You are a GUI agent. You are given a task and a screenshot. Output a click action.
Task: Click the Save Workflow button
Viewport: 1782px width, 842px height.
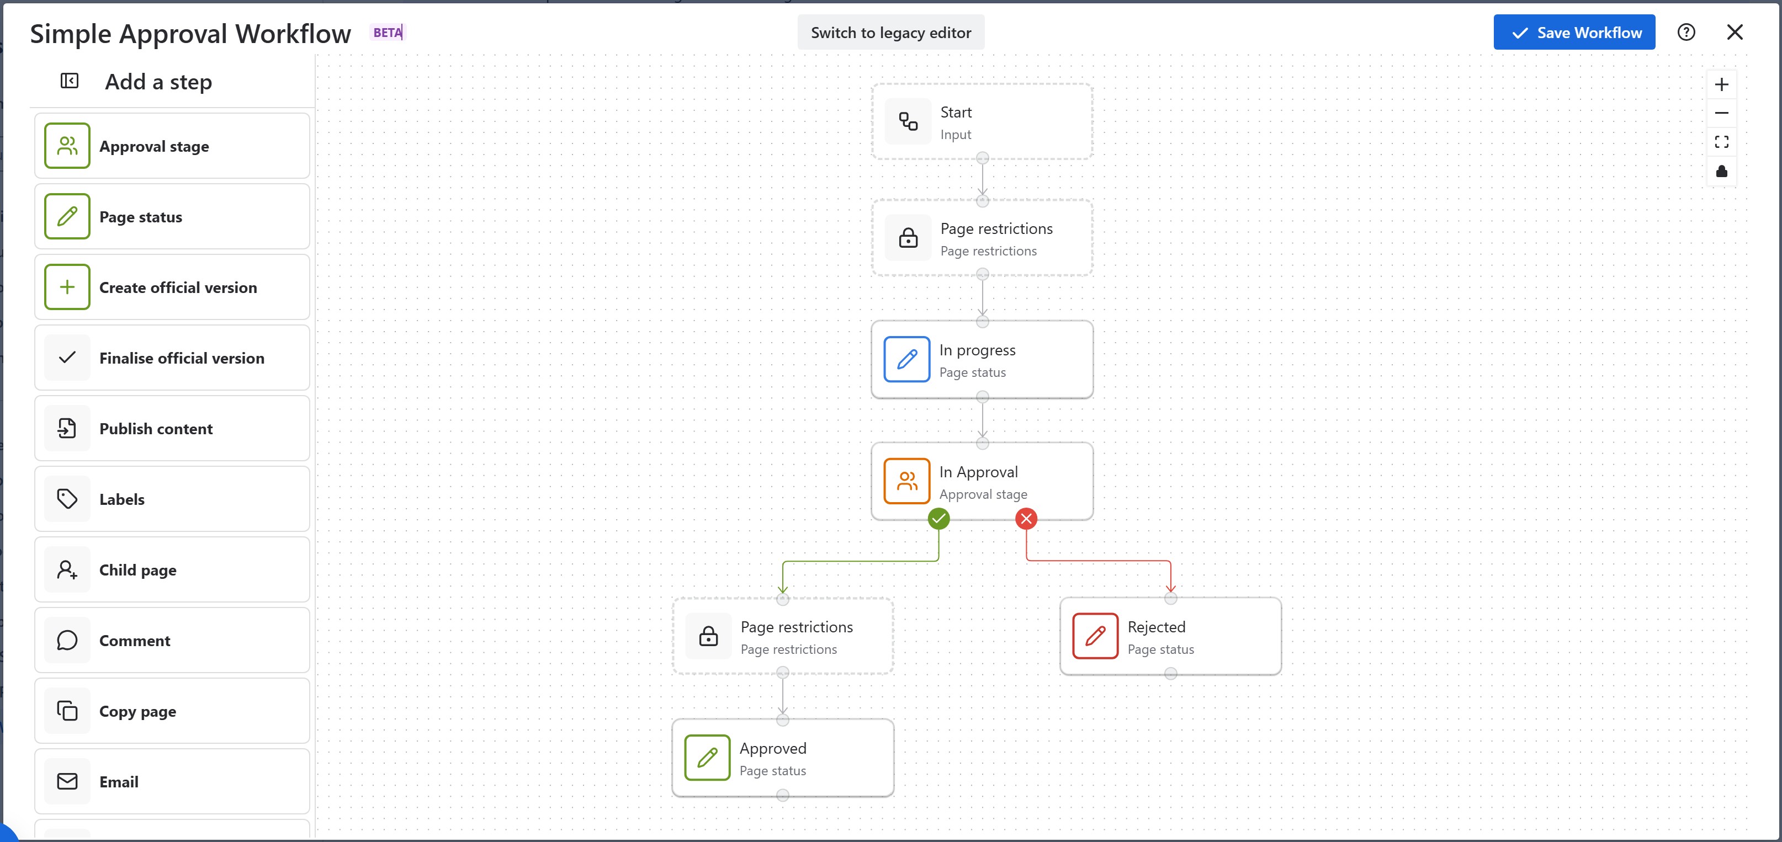pos(1574,33)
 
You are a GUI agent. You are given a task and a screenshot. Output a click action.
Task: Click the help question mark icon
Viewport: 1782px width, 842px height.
pos(1686,33)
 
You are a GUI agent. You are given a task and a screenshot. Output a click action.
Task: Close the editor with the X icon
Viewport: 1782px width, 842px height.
pos(1735,33)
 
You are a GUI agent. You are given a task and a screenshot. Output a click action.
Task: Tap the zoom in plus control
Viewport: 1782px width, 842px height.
pos(1721,85)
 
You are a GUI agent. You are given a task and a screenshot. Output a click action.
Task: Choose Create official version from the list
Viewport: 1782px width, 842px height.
pos(172,287)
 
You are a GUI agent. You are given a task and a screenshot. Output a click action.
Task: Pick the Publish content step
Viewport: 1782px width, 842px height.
pos(172,429)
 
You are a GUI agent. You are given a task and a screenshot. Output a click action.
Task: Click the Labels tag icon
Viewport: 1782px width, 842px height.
pos(67,499)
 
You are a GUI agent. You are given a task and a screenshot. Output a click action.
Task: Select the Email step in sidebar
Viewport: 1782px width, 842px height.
pos(172,781)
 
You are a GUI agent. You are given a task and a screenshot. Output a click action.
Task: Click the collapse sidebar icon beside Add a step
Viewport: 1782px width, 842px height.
pos(69,82)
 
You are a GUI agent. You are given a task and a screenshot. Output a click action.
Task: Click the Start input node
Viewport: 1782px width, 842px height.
pos(982,122)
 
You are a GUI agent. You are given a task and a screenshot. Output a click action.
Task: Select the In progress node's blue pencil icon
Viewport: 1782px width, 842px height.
pos(906,359)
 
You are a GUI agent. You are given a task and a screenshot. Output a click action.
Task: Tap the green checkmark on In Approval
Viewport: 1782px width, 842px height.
pos(938,519)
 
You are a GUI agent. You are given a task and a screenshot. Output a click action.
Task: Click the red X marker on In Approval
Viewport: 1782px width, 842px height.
pos(1026,519)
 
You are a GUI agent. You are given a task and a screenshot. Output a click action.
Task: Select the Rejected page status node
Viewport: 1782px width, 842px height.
pos(1170,637)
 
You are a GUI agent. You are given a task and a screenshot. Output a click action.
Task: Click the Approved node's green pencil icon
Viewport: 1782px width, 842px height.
pos(707,758)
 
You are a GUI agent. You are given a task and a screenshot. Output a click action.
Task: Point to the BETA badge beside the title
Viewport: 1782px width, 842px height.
pos(388,33)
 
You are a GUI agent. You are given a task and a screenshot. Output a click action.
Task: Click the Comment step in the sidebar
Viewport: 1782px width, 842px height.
pos(172,640)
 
